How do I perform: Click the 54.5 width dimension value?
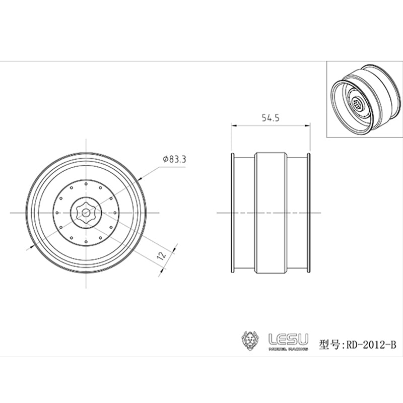tap(271, 118)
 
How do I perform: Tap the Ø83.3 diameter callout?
tap(174, 159)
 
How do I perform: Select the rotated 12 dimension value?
tap(162, 255)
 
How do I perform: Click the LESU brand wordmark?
tap(288, 339)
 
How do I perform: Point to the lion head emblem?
tap(250, 341)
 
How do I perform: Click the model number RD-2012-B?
tap(371, 345)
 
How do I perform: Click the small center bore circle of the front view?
tap(86, 213)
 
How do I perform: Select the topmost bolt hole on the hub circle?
tap(86, 184)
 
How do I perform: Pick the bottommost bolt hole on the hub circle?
tap(86, 242)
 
